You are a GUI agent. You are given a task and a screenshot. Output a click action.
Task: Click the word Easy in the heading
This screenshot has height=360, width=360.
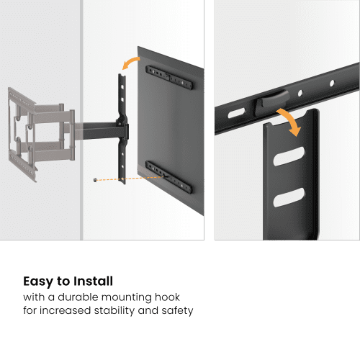pyautogui.click(x=38, y=282)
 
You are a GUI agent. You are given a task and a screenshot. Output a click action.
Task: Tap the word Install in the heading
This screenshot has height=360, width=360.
pyautogui.click(x=93, y=281)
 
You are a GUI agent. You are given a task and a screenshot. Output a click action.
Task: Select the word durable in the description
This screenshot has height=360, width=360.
pyautogui.click(x=78, y=297)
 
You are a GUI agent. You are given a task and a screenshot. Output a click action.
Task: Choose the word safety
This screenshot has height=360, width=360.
pyautogui.click(x=177, y=310)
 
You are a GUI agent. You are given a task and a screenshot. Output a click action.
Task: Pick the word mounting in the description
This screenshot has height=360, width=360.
pyautogui.click(x=127, y=297)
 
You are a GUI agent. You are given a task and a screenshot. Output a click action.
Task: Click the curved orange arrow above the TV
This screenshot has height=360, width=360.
pyautogui.click(x=130, y=62)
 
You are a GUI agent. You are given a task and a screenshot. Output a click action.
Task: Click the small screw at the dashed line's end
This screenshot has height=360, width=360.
pyautogui.click(x=95, y=179)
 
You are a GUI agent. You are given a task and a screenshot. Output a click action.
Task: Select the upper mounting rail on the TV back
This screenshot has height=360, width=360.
pyautogui.click(x=169, y=78)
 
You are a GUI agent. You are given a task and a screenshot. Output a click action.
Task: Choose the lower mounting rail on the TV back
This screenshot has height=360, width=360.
pyautogui.click(x=168, y=177)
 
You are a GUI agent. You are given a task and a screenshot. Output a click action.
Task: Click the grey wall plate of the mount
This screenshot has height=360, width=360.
pyautogui.click(x=22, y=135)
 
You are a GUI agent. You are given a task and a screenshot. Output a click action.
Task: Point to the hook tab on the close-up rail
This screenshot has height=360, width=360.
pyautogui.click(x=272, y=102)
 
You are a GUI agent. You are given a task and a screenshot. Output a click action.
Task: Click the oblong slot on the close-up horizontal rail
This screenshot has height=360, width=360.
pyautogui.click(x=236, y=113)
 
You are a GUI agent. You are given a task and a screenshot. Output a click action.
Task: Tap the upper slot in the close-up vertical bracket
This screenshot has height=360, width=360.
pyautogui.click(x=289, y=156)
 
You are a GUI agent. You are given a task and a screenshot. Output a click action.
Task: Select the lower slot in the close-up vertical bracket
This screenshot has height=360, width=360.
pyautogui.click(x=289, y=197)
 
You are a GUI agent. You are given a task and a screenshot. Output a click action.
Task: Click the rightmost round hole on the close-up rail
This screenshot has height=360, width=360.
pyautogui.click(x=332, y=84)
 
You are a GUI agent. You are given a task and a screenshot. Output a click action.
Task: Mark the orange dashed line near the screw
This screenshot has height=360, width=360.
pyautogui.click(x=132, y=179)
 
